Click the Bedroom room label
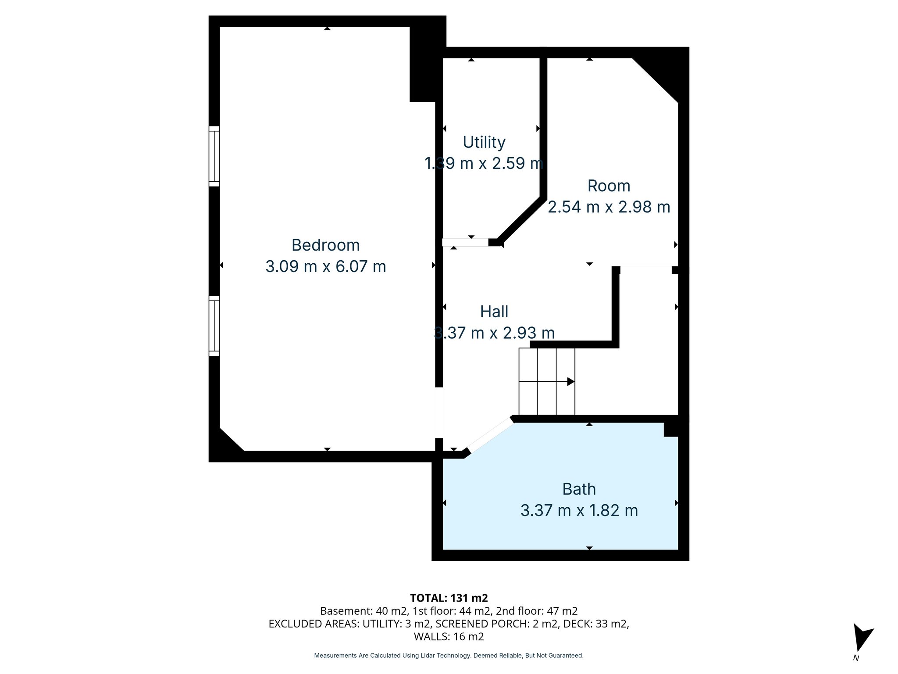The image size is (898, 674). click(x=325, y=245)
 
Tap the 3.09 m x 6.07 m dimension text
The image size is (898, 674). click(x=325, y=267)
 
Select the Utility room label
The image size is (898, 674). click(x=484, y=142)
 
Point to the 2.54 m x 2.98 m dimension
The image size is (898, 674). click(x=609, y=207)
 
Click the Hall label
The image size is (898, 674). click(x=494, y=312)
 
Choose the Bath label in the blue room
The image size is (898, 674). click(x=579, y=489)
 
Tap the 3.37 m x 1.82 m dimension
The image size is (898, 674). click(x=579, y=511)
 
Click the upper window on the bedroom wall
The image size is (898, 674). click(x=214, y=156)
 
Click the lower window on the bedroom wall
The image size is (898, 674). click(x=214, y=326)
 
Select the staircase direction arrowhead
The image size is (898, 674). click(x=570, y=382)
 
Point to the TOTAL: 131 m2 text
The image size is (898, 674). click(x=449, y=598)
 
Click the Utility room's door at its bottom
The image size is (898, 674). click(x=465, y=242)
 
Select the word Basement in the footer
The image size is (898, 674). click(x=341, y=611)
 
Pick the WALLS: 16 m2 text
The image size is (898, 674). click(x=449, y=636)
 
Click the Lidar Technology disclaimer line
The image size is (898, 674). click(x=449, y=656)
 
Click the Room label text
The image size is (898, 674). click(x=609, y=186)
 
